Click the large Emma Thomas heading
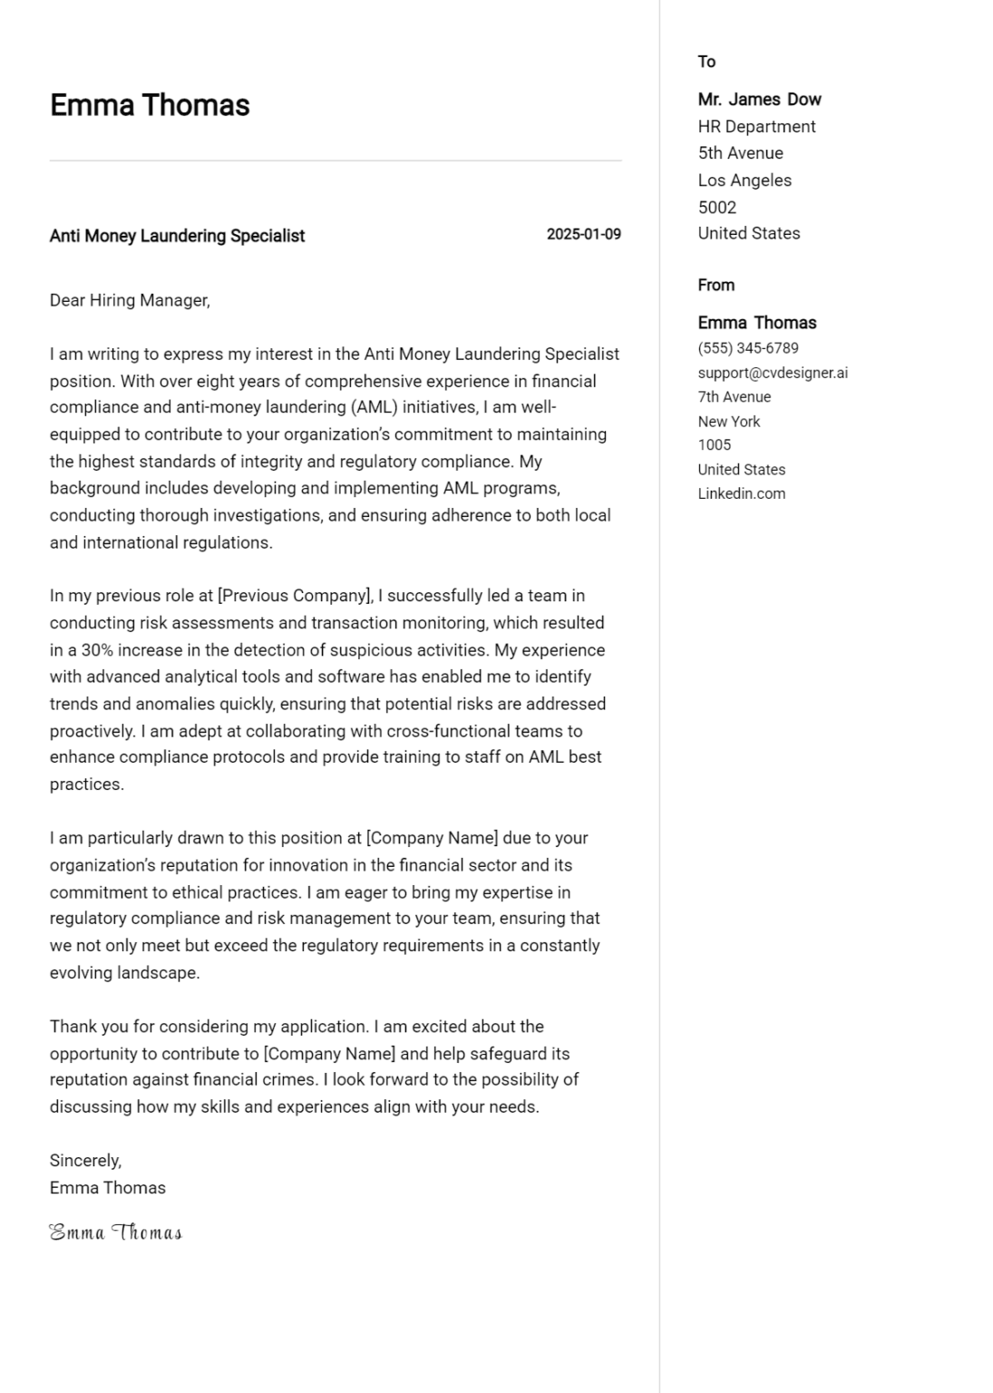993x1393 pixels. click(x=150, y=105)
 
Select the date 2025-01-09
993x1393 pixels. click(x=583, y=234)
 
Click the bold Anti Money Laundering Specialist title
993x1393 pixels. click(x=177, y=236)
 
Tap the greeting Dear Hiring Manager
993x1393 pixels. click(x=130, y=300)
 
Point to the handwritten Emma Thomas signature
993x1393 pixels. click(x=115, y=1232)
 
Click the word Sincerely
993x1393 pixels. click(x=85, y=1160)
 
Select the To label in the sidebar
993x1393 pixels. click(x=706, y=62)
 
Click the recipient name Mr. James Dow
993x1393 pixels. click(x=759, y=100)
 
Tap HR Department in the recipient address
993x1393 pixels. click(x=756, y=127)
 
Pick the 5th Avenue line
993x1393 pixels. click(x=740, y=153)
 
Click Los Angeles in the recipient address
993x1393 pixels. click(x=745, y=180)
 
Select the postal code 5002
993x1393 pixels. click(x=716, y=207)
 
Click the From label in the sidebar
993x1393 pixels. click(x=716, y=285)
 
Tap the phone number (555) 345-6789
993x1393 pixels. click(x=748, y=348)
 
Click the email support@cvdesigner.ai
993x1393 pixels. click(x=773, y=373)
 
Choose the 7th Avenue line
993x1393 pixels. click(x=734, y=396)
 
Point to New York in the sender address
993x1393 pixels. click(x=729, y=421)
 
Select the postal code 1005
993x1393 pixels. click(x=714, y=444)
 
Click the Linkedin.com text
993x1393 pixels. click(x=741, y=493)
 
